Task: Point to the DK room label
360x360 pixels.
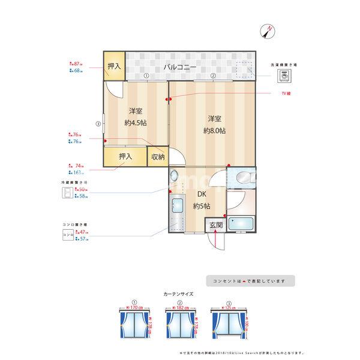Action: point(201,194)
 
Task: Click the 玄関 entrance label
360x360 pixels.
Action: point(215,225)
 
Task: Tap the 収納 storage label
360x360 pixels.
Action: point(158,157)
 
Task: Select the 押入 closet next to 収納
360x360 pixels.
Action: point(125,157)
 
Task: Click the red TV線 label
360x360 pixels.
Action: point(290,94)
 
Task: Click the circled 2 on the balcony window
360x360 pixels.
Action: point(213,76)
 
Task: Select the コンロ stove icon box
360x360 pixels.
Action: point(68,235)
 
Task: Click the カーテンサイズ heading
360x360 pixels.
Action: point(178,294)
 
